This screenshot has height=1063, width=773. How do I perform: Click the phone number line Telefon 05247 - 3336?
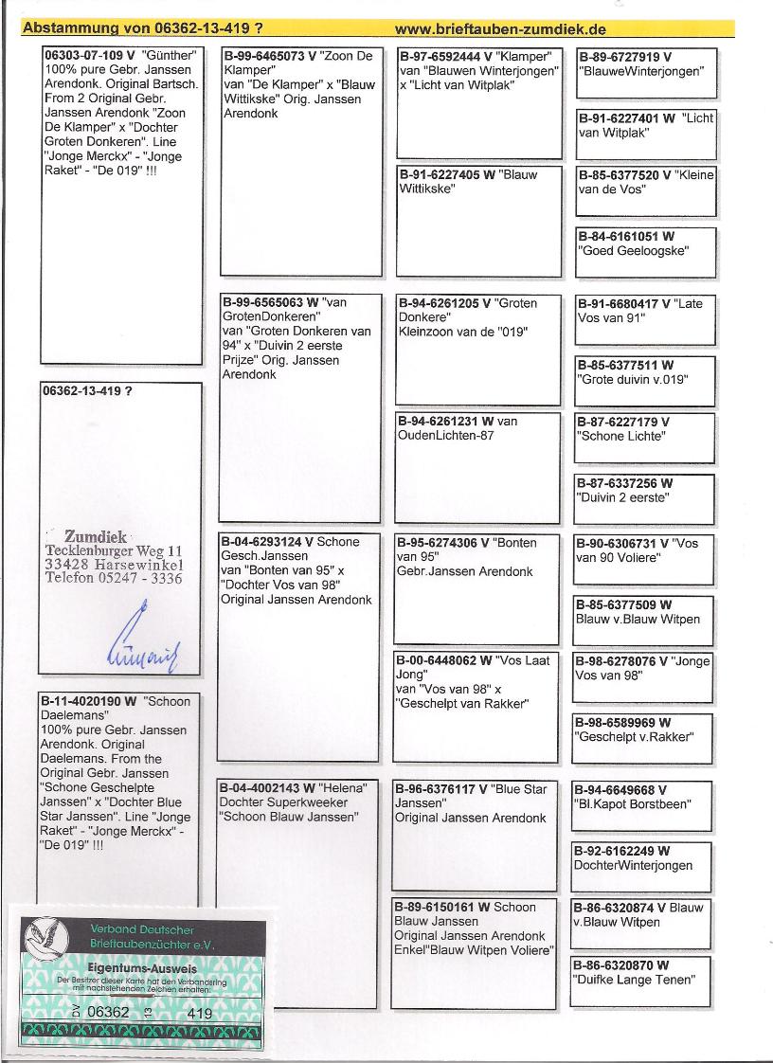(x=113, y=579)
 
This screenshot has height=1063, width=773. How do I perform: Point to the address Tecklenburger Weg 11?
(x=114, y=551)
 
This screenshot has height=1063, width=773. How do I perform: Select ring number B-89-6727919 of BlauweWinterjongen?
(x=619, y=57)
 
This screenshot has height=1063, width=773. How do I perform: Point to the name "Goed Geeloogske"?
(x=634, y=251)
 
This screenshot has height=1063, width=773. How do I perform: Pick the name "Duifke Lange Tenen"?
(x=634, y=980)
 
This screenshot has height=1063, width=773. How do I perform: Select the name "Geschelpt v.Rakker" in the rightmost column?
(x=634, y=736)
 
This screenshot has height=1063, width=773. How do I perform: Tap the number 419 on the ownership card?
(x=199, y=1012)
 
